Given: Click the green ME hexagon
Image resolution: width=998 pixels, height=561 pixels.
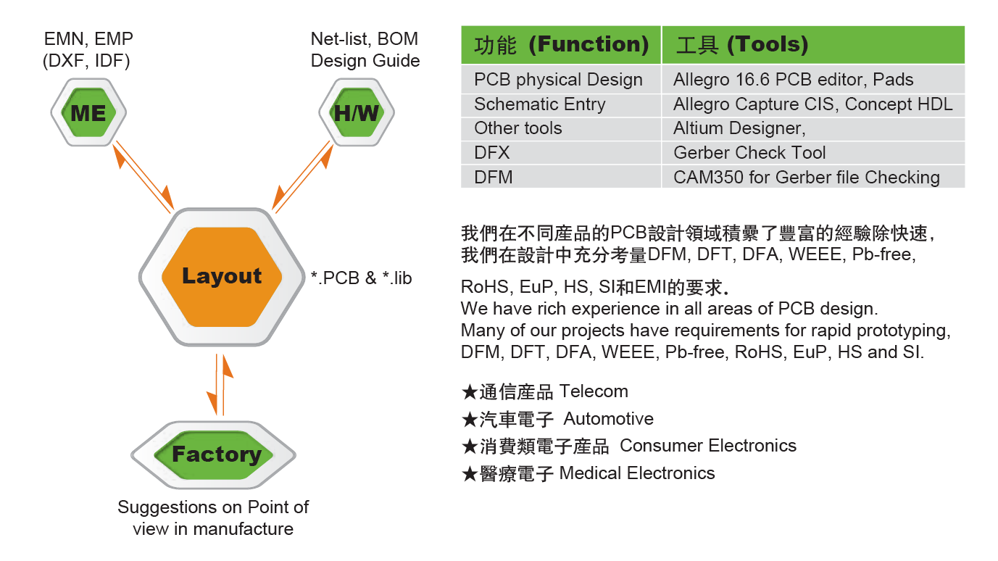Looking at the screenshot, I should pos(88,112).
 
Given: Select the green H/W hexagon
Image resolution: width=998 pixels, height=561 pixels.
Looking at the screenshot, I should pos(357,112).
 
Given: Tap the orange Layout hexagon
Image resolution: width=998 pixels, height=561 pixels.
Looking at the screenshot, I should pos(222,276).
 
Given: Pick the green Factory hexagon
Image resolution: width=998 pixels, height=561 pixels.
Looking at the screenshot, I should pos(216,454).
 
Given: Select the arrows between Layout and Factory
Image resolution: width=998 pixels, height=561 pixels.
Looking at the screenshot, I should pos(220,385).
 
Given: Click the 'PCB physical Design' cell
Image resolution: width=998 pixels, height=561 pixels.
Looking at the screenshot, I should pos(558,80).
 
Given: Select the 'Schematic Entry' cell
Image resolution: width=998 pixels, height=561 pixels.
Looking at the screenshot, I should pos(539,104).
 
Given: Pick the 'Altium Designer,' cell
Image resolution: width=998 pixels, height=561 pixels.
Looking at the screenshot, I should pos(739,128).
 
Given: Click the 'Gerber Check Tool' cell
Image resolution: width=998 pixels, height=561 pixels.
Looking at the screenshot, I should pos(749,153).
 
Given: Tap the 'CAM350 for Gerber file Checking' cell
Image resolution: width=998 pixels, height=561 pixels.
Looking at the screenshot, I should pos(806,178).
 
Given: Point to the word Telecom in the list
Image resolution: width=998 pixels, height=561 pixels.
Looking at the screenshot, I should pos(594,391).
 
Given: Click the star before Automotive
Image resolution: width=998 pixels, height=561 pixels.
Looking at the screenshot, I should pos(469,420).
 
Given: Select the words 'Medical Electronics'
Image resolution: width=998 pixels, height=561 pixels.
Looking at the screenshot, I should pos(637,473).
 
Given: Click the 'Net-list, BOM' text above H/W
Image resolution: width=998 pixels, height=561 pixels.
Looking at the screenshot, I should pos(364,39).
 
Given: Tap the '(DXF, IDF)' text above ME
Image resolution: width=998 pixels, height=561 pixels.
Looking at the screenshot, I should pos(86,61).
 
